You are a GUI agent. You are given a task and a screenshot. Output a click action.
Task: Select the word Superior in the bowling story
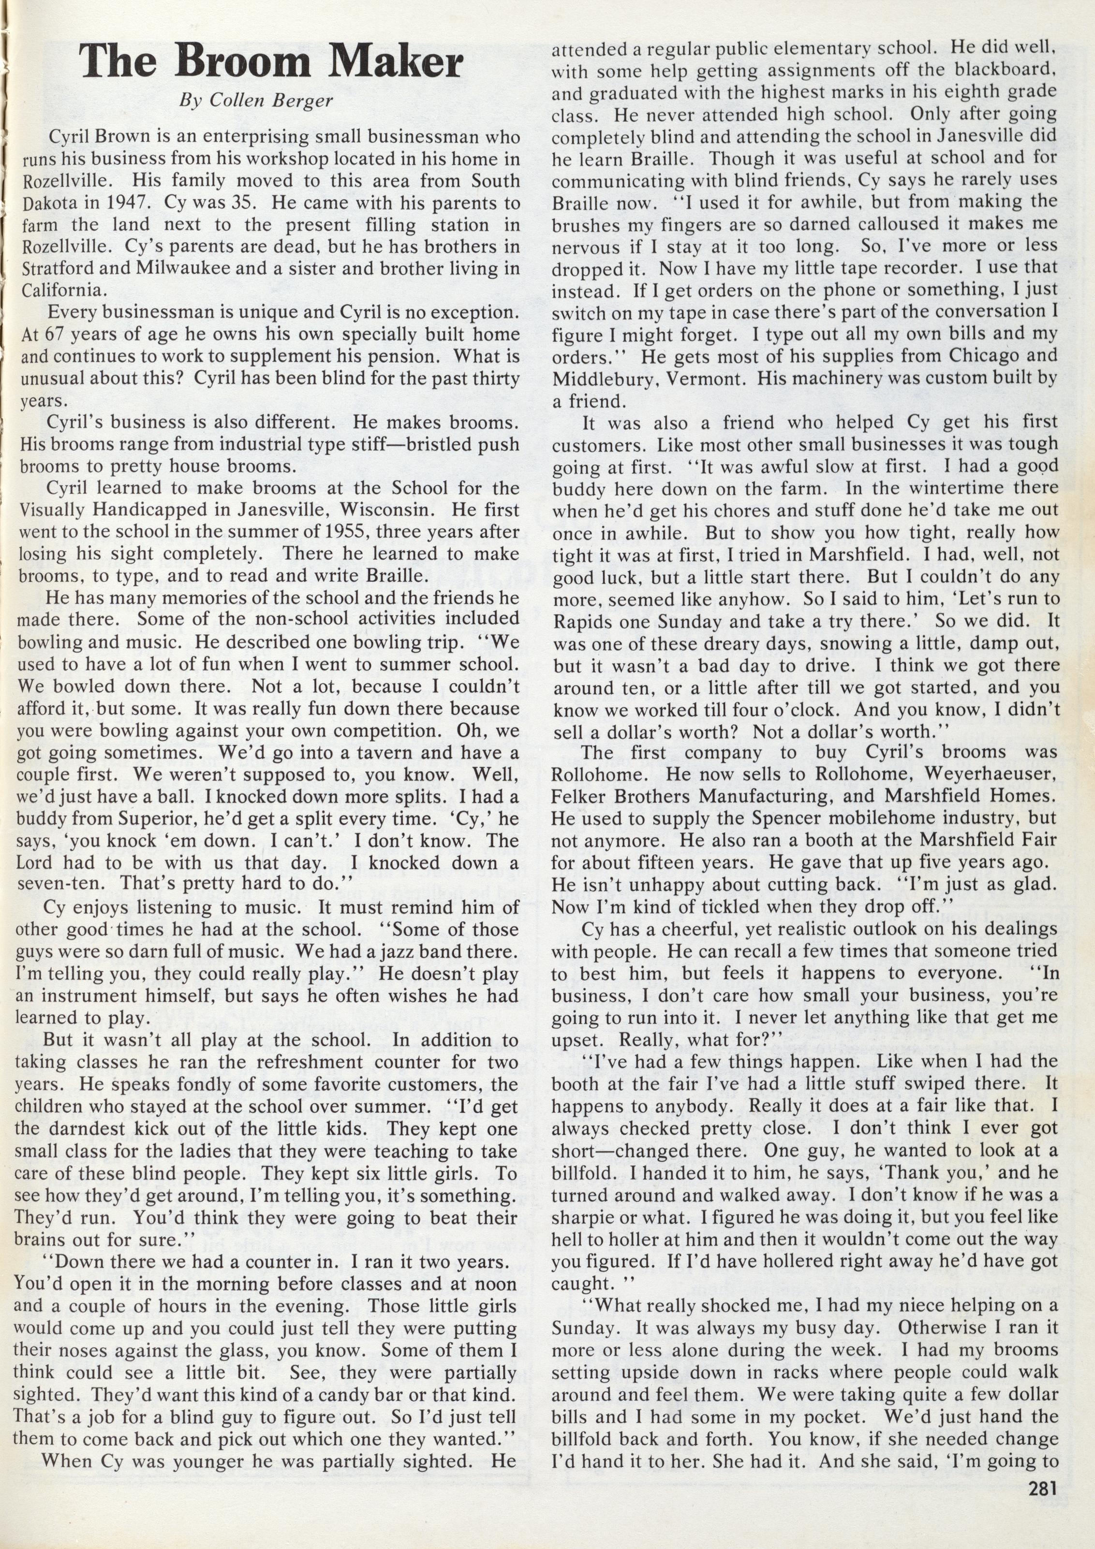pos(159,818)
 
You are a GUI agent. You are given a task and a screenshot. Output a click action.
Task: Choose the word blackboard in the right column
pos(1000,70)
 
